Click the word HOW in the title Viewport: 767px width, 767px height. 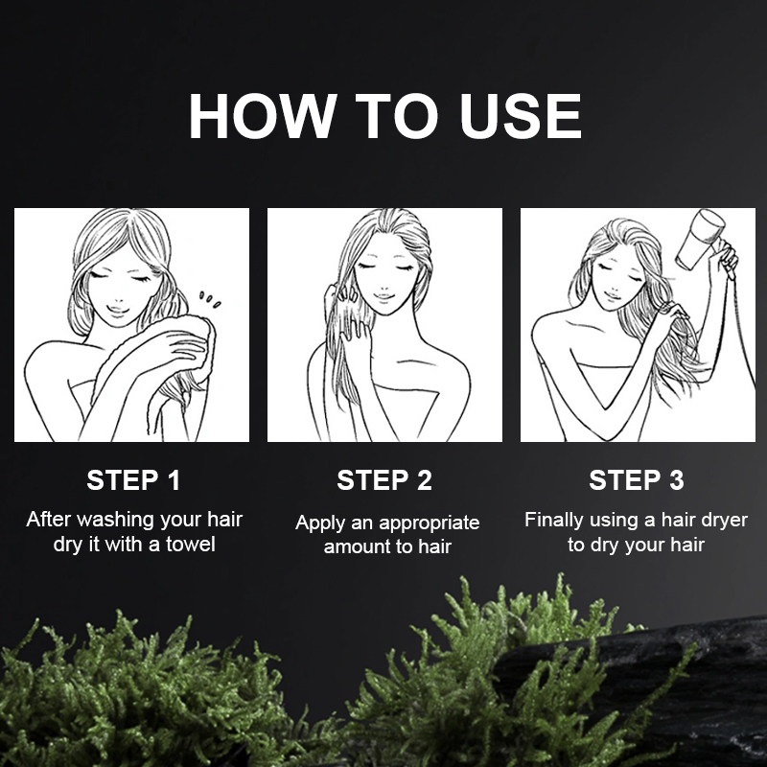click(260, 116)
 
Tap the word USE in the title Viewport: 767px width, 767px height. click(521, 116)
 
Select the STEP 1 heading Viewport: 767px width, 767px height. click(133, 480)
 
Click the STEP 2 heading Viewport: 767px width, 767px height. click(384, 480)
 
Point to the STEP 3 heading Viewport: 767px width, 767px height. click(637, 480)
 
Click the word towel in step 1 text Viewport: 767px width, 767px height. click(190, 544)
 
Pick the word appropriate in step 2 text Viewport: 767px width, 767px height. click(429, 523)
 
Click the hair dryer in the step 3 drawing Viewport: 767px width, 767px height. click(701, 240)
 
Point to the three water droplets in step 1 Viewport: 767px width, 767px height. click(209, 299)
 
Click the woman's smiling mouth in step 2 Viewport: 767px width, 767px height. click(383, 296)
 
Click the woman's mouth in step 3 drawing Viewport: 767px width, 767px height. click(612, 295)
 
